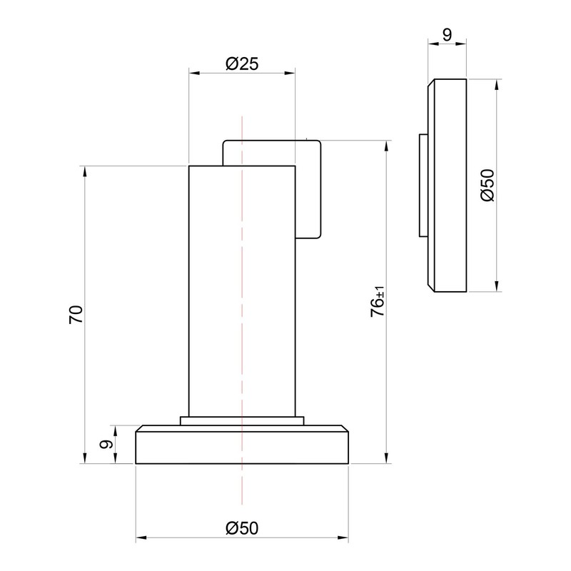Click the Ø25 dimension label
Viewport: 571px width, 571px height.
pyautogui.click(x=242, y=64)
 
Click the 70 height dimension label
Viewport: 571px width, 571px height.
pyautogui.click(x=76, y=315)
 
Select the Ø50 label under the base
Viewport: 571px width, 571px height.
pyautogui.click(x=242, y=528)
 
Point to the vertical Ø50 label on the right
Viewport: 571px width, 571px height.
pyautogui.click(x=487, y=186)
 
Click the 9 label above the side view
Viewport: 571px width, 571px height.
pyautogui.click(x=447, y=34)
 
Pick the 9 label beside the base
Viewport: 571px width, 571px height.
pyautogui.click(x=106, y=444)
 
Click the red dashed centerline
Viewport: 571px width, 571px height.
pyautogui.click(x=242, y=310)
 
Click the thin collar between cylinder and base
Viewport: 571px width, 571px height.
pyautogui.click(x=242, y=420)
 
